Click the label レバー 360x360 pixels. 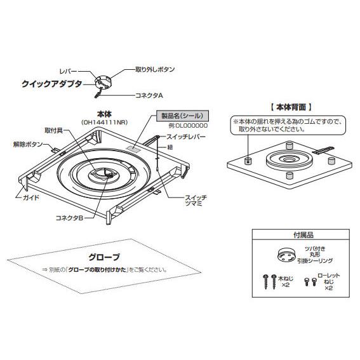click(68, 71)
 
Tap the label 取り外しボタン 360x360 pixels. click(155, 69)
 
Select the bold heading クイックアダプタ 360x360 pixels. click(52, 84)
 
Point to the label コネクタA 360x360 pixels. click(149, 95)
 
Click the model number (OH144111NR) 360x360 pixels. click(105, 123)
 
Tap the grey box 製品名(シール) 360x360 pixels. click(182, 116)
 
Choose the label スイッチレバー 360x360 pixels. click(186, 137)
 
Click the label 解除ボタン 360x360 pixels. click(28, 144)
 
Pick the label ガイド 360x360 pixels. click(31, 197)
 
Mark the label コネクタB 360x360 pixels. click(69, 218)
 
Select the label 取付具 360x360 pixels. click(54, 131)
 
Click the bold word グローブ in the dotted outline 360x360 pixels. click(104, 257)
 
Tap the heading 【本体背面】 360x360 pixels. click(291, 107)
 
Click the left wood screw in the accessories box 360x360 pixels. click(266, 281)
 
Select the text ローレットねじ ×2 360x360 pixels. click(328, 282)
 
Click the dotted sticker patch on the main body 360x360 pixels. click(133, 149)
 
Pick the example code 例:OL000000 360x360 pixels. click(188, 126)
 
